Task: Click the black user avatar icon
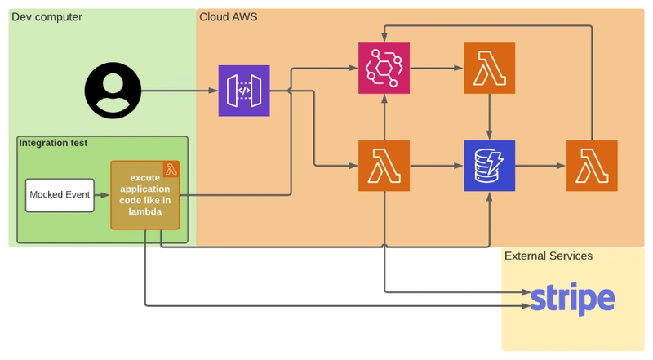point(113,91)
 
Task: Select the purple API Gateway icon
point(244,91)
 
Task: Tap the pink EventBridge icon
point(384,68)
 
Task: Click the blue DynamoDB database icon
point(489,166)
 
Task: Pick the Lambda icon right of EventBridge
point(489,68)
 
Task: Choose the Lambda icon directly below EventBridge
point(384,166)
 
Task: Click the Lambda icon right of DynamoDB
point(592,166)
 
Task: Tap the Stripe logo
point(573,298)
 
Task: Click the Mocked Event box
point(60,195)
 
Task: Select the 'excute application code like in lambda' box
point(145,195)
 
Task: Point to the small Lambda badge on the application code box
point(171,169)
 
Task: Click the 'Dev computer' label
point(47,17)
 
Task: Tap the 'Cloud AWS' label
point(229,17)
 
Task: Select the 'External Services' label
point(549,256)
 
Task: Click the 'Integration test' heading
point(53,143)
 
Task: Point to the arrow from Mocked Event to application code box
point(103,195)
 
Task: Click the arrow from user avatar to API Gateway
point(180,91)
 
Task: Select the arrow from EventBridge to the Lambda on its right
point(437,68)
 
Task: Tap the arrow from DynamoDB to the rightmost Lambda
point(540,166)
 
